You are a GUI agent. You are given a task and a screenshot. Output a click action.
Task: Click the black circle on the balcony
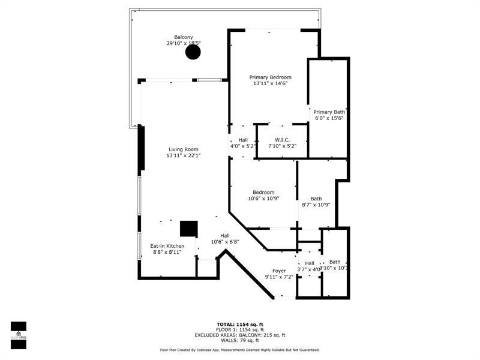tap(193, 52)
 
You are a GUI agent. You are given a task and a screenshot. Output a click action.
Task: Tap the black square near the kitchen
tap(189, 229)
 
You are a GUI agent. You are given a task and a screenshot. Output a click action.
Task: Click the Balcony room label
tap(184, 37)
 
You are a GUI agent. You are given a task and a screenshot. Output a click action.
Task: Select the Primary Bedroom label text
tap(270, 77)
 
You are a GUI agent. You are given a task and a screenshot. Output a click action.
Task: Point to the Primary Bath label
tap(329, 112)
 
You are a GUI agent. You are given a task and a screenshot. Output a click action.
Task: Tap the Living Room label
tap(183, 149)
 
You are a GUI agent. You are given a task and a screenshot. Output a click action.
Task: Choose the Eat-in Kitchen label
tap(167, 246)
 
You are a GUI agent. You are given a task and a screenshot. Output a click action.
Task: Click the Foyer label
tap(279, 271)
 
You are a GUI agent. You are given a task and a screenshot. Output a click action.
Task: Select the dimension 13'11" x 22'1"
tap(183, 156)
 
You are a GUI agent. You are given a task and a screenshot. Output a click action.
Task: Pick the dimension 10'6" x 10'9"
tap(263, 199)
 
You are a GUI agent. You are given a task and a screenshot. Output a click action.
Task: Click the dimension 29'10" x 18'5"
tap(184, 43)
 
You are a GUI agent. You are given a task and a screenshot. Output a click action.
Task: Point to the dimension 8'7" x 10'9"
tap(316, 205)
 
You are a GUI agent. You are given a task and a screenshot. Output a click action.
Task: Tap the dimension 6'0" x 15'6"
tap(329, 118)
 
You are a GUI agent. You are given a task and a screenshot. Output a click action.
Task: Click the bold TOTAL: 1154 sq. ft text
tap(239, 325)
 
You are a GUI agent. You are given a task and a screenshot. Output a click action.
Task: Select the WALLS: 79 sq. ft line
tap(239, 340)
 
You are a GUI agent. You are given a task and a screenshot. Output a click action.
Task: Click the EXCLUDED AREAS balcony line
tap(239, 335)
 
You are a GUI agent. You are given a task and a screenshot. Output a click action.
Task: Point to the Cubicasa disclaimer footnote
tap(239, 350)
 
